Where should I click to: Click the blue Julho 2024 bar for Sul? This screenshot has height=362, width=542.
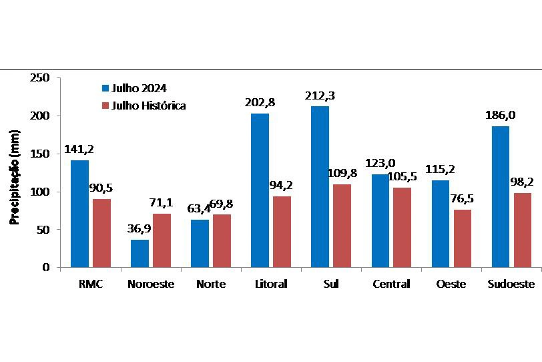tap(320, 186)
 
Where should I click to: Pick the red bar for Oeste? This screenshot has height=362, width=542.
tap(463, 238)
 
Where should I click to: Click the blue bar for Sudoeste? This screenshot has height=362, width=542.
tap(500, 196)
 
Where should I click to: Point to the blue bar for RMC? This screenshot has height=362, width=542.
tap(79, 214)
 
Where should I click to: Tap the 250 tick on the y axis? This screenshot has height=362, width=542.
tap(41, 78)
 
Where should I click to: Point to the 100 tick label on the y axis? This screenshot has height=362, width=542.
tap(41, 192)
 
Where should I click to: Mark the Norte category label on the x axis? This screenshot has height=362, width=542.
tap(211, 285)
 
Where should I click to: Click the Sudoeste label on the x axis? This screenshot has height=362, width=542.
tap(511, 285)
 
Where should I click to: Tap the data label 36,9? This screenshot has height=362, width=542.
tap(140, 229)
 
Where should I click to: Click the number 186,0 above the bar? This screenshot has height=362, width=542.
tap(499, 114)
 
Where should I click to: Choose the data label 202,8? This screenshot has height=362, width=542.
tap(260, 103)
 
